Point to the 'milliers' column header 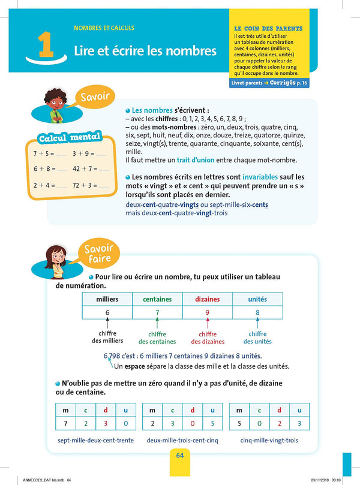(x=107, y=299)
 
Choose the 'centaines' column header (x=157, y=299)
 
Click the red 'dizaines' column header (x=208, y=299)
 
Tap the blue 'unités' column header (x=257, y=299)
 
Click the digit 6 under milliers (x=107, y=313)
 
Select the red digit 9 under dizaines (x=207, y=313)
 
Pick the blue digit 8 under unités (x=257, y=313)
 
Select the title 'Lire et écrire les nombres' (x=145, y=51)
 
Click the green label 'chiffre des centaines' (x=157, y=338)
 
